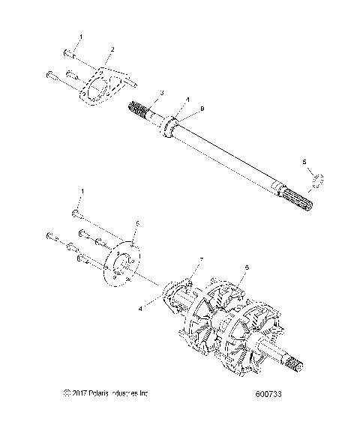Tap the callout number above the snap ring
click(304, 162)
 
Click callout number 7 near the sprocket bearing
click(200, 259)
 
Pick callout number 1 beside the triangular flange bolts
click(81, 37)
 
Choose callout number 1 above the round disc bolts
click(82, 193)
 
